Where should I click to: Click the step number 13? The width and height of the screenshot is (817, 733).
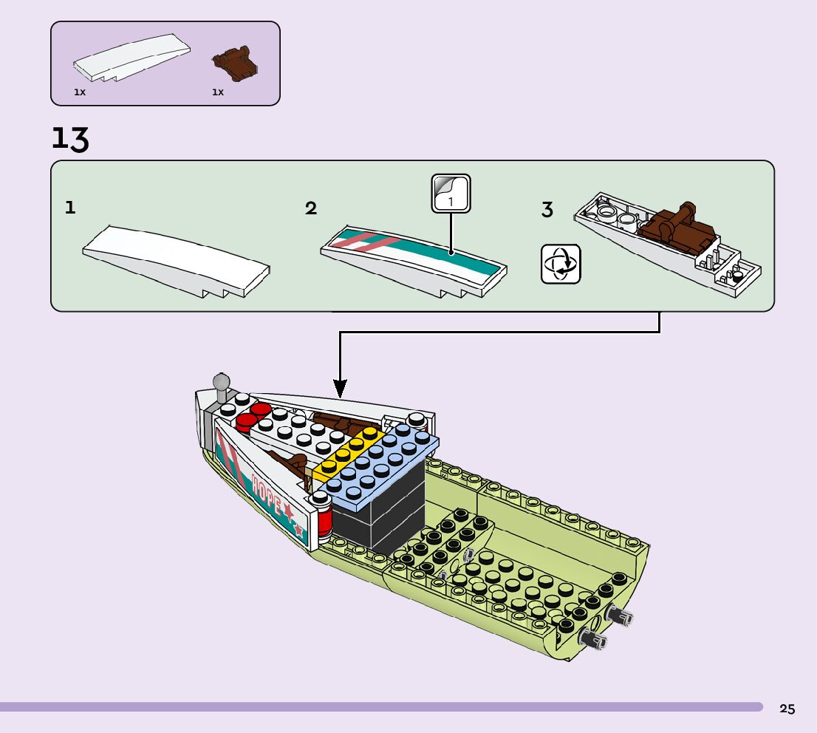coord(70,139)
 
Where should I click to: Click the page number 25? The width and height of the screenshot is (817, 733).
coord(787,709)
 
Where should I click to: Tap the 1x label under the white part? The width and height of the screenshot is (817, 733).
coord(80,93)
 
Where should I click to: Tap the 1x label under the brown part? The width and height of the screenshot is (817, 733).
coord(218,93)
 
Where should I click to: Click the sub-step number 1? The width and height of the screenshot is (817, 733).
coord(70,208)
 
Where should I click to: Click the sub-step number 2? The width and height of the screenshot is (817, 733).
coord(311,208)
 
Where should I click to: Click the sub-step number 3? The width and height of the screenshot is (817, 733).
coord(547,210)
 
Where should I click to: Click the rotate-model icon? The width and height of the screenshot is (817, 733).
coord(561,264)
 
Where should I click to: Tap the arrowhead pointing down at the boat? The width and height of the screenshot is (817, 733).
coord(340,388)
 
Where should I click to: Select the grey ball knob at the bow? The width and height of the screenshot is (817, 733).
coord(221,382)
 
